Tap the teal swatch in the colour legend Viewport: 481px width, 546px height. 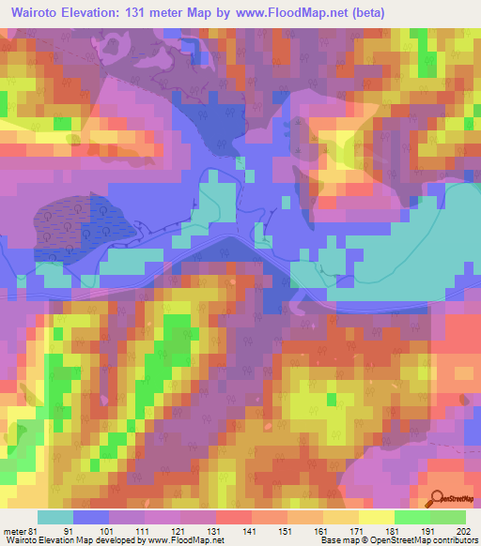point(55,517)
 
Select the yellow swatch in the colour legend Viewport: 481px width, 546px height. point(377,517)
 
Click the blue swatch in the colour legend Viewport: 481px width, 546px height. point(91,517)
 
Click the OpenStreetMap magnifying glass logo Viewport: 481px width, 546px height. point(436,500)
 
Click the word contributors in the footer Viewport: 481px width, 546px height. point(456,540)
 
